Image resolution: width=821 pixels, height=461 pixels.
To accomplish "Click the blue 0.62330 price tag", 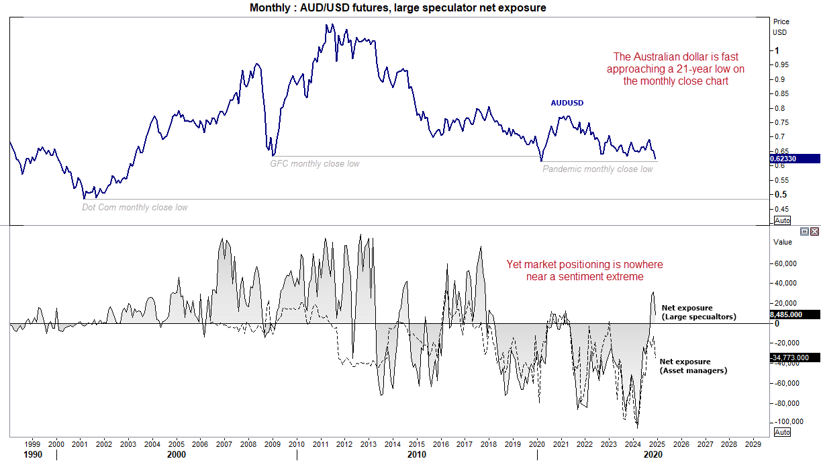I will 796,159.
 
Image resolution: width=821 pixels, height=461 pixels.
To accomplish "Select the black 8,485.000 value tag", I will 796,314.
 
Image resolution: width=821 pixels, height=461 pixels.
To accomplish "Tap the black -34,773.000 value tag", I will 796,358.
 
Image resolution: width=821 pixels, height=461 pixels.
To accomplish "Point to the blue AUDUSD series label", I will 567,103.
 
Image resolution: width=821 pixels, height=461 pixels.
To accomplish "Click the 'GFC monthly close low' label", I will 315,164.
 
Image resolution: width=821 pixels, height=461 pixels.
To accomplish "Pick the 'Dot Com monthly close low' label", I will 135,208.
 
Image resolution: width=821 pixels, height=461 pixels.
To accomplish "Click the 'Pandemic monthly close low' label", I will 597,169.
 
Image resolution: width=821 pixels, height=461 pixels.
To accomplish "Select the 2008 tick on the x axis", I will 248,444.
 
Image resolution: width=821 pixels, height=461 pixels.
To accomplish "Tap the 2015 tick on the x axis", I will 416,444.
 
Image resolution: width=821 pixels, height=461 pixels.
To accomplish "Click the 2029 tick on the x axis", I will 753,444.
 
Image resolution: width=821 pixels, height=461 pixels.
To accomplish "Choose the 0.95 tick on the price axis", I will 781,65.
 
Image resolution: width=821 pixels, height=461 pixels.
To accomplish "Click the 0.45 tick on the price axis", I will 781,208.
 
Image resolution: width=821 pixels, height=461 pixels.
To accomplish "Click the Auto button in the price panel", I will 782,220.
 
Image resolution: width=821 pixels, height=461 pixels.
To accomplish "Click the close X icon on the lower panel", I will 814,231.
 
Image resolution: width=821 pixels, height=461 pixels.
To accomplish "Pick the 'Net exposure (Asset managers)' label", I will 693,366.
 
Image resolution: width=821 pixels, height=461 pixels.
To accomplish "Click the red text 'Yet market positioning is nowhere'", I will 575,265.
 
